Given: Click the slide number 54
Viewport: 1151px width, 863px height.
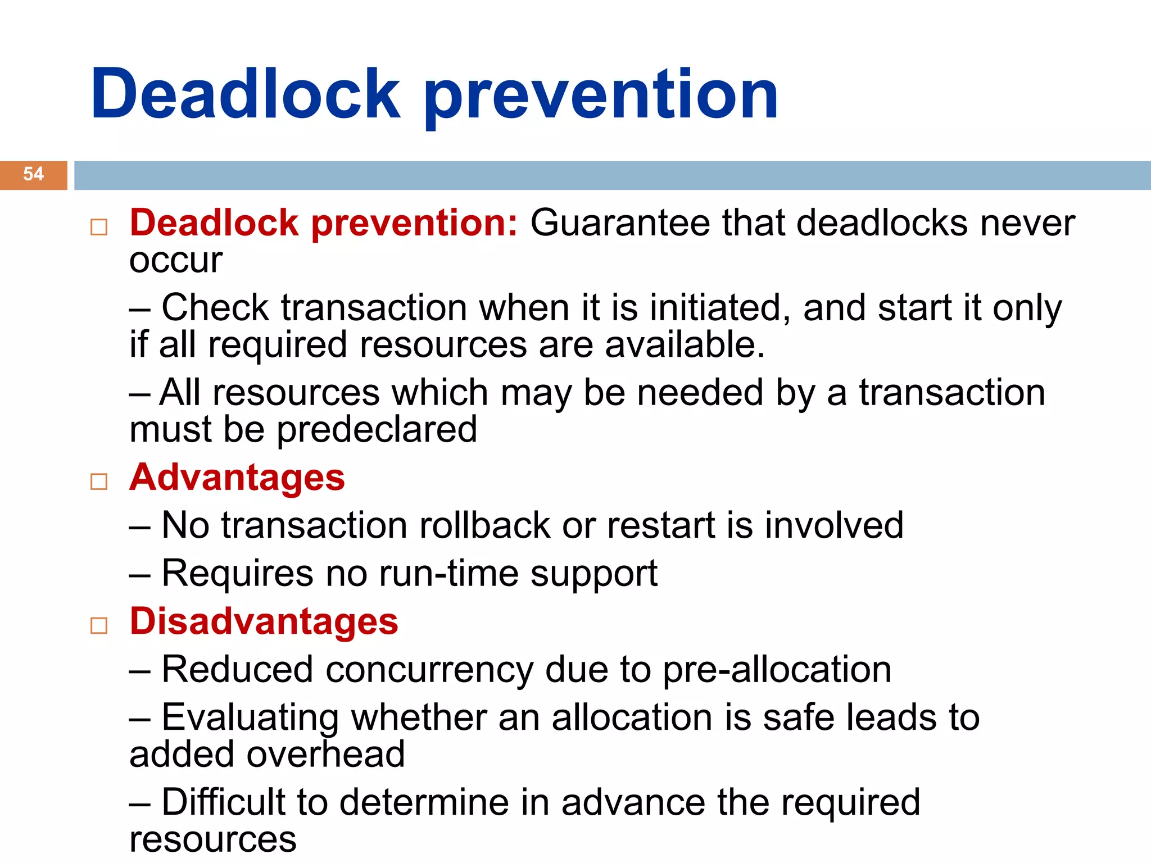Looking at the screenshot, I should coord(33,174).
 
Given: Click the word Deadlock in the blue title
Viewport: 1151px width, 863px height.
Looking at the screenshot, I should coord(245,94).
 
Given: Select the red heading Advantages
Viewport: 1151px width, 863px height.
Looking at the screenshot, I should coord(237,478).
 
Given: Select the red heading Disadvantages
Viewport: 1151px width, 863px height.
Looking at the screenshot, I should coord(264,621).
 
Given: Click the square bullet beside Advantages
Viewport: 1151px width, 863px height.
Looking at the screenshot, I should coord(99,482).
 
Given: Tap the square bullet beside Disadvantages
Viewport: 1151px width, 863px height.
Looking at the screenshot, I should coord(99,625).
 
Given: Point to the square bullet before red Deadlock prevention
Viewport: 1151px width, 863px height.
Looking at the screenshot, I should coord(99,227).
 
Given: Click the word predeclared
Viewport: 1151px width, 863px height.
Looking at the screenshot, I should coord(377,430).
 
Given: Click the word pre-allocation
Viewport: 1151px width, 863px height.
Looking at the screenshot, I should coord(777,670).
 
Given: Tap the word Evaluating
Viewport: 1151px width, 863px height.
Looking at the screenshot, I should coord(250,718).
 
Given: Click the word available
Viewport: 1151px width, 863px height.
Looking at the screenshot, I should coord(685,344).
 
